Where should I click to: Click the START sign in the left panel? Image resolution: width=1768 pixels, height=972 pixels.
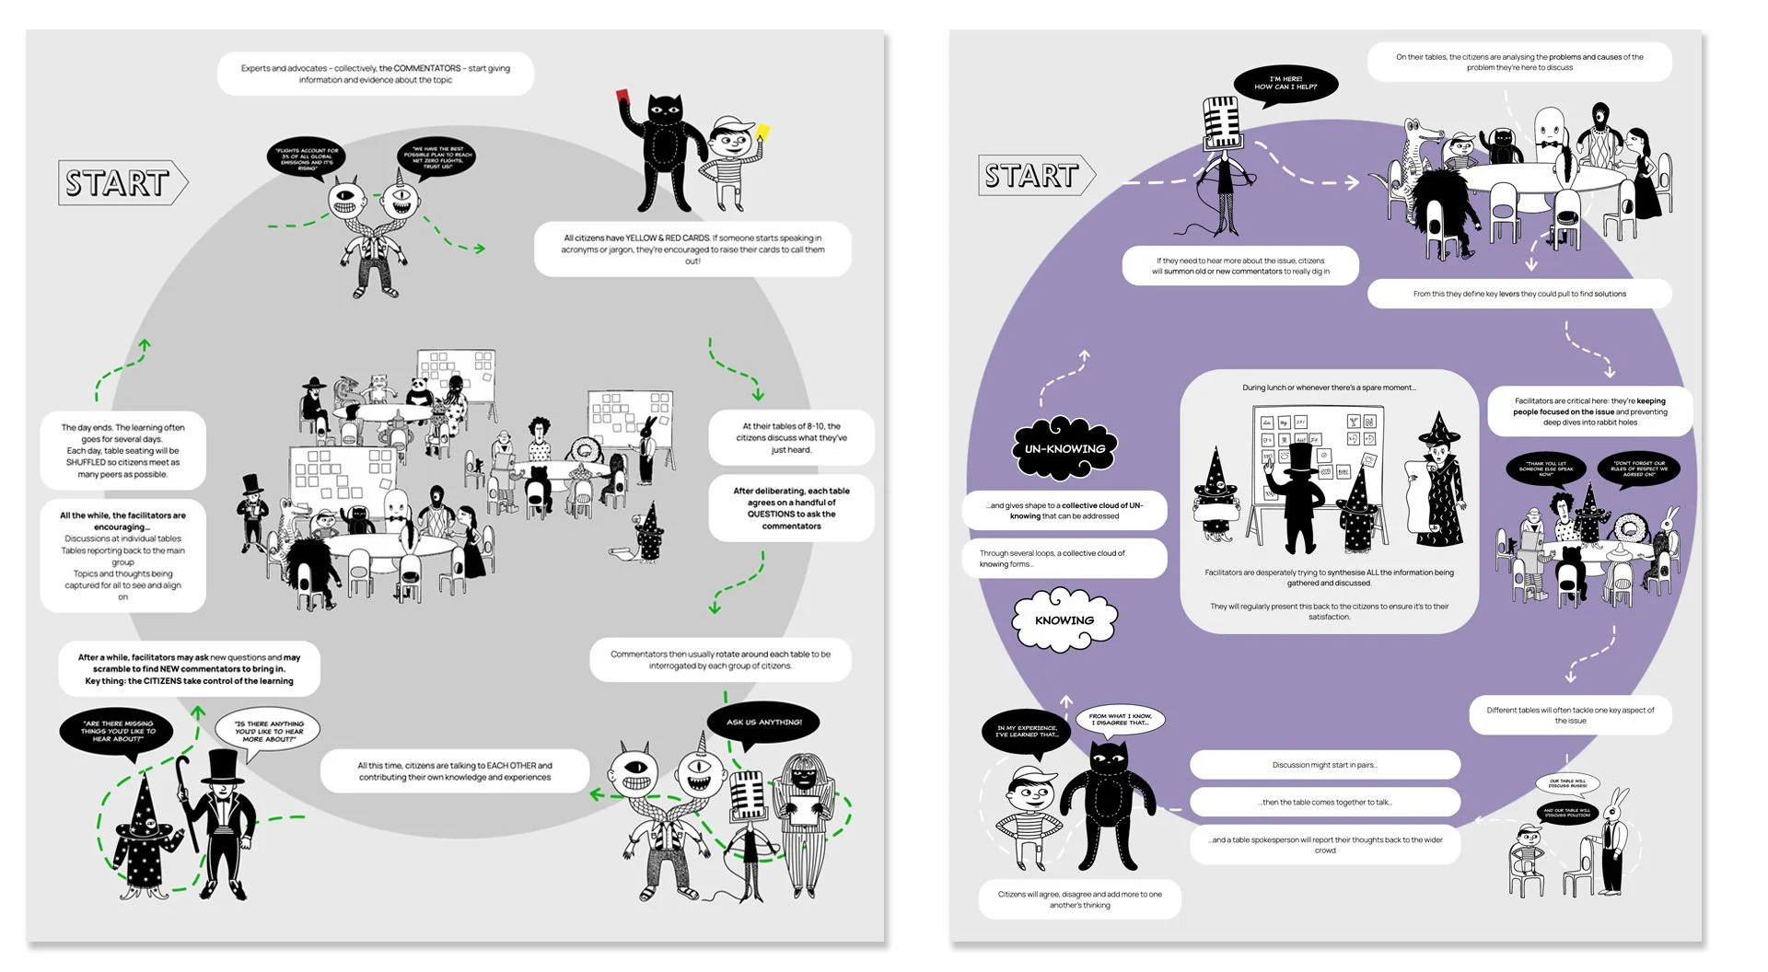click(x=120, y=182)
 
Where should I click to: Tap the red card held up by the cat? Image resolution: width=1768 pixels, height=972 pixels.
click(x=622, y=96)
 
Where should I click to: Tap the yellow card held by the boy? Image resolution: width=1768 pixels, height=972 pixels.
click(x=762, y=133)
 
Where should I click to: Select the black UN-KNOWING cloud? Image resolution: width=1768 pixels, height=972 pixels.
click(x=1064, y=448)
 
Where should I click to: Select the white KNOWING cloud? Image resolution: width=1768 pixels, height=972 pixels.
click(x=1064, y=619)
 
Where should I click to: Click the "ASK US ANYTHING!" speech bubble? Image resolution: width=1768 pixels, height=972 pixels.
click(x=763, y=723)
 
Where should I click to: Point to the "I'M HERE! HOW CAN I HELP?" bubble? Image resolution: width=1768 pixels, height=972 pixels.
click(x=1285, y=84)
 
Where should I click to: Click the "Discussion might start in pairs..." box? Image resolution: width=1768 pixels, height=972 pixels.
click(x=1324, y=765)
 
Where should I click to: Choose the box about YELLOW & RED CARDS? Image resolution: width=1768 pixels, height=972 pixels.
click(x=692, y=249)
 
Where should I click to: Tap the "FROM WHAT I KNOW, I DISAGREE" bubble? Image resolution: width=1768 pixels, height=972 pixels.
click(x=1119, y=718)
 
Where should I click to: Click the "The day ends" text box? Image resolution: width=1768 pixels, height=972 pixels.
click(x=123, y=450)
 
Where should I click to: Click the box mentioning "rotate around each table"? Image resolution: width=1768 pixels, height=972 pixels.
click(x=720, y=660)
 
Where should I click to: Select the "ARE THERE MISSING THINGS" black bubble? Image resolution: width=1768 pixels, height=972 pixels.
click(x=118, y=731)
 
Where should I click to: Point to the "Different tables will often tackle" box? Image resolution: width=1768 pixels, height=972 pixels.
click(x=1569, y=715)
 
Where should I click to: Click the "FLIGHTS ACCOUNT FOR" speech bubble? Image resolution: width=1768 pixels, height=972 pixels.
click(x=307, y=158)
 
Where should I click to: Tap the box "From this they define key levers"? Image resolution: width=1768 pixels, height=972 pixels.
click(x=1519, y=294)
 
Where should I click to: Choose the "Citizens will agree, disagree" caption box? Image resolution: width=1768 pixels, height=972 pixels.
click(x=1079, y=899)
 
